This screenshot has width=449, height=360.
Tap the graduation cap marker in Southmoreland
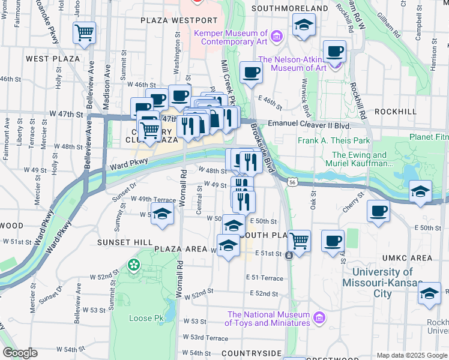(x=304, y=26)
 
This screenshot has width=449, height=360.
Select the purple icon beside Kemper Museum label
(x=276, y=37)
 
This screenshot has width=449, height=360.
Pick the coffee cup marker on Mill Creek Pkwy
(x=251, y=73)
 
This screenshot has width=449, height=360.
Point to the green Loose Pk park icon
(x=133, y=264)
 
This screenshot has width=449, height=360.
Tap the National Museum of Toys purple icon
(x=319, y=316)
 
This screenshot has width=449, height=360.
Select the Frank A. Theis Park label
(x=334, y=142)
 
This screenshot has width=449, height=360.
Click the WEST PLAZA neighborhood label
(x=53, y=59)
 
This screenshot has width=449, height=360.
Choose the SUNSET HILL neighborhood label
(x=118, y=242)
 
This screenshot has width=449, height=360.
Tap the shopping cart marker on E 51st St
(x=299, y=241)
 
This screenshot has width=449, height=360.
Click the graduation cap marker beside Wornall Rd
(x=161, y=214)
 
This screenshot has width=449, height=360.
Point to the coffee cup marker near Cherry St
(x=378, y=211)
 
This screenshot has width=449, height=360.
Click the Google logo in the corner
(x=20, y=353)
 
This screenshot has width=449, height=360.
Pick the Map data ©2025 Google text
(x=412, y=355)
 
